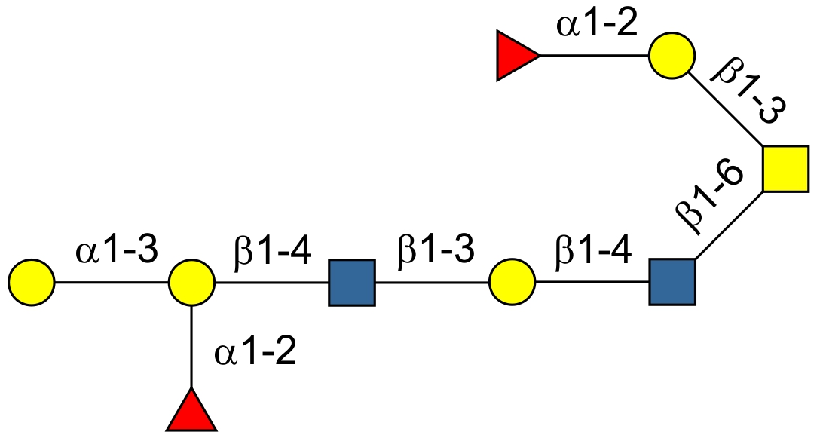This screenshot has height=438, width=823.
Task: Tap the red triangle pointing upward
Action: [191, 412]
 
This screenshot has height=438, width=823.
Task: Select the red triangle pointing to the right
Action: [516, 56]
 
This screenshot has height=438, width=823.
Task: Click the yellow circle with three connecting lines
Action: [191, 283]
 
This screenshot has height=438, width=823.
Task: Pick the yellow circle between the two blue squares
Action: [512, 283]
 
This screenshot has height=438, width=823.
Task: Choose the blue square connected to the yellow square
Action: [672, 283]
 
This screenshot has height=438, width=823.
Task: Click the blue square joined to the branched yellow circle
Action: [351, 283]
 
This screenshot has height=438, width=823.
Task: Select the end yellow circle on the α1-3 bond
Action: [32, 283]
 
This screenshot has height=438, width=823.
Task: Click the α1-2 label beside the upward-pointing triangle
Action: [255, 352]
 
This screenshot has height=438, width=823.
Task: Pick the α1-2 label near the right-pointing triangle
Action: [597, 25]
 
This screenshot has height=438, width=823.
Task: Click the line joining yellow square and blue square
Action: [728, 226]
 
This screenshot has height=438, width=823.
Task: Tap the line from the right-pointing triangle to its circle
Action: [594, 56]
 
